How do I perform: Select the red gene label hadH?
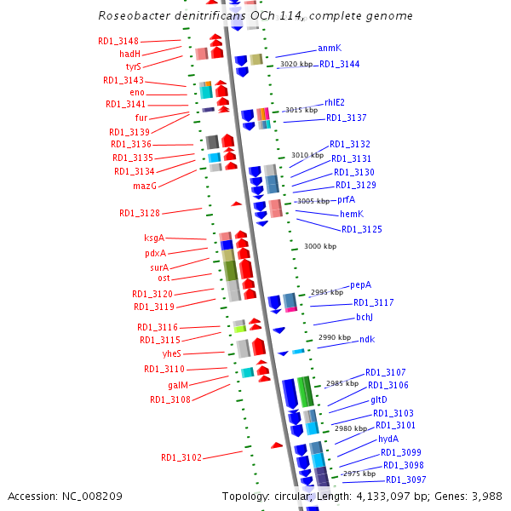(x=129, y=54)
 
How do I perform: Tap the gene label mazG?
(x=144, y=185)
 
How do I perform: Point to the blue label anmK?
(x=330, y=49)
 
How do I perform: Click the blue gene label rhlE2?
(x=335, y=103)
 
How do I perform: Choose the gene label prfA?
(x=346, y=199)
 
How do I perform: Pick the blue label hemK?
(x=352, y=214)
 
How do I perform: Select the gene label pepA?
(x=361, y=285)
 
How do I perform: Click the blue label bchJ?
(x=365, y=317)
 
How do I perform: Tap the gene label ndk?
(x=367, y=340)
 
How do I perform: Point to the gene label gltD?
(x=379, y=399)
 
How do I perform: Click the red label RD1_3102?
(x=181, y=457)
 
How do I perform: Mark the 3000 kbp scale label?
(x=320, y=246)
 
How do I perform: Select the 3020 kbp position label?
(x=296, y=65)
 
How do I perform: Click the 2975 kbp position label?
(x=359, y=474)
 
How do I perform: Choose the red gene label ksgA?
(x=154, y=238)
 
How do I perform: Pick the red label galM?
(x=178, y=384)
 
